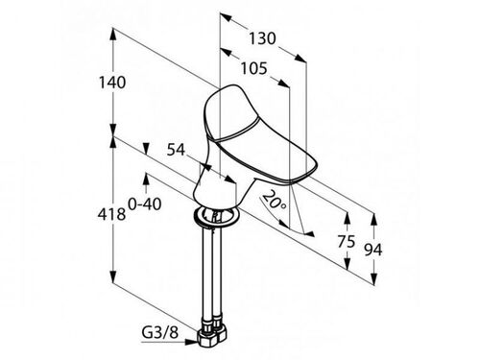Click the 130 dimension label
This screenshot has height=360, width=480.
click(x=262, y=38)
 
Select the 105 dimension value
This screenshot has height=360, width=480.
click(x=253, y=68)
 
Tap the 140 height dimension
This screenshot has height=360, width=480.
click(x=112, y=83)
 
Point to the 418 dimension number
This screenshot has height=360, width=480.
click(x=111, y=214)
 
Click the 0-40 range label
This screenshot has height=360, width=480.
click(x=145, y=204)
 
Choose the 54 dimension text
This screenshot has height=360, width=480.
click(x=176, y=150)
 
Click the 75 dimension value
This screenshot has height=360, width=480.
click(x=347, y=241)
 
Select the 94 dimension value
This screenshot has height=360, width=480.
click(x=373, y=250)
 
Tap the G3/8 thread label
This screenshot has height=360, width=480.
click(x=159, y=333)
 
